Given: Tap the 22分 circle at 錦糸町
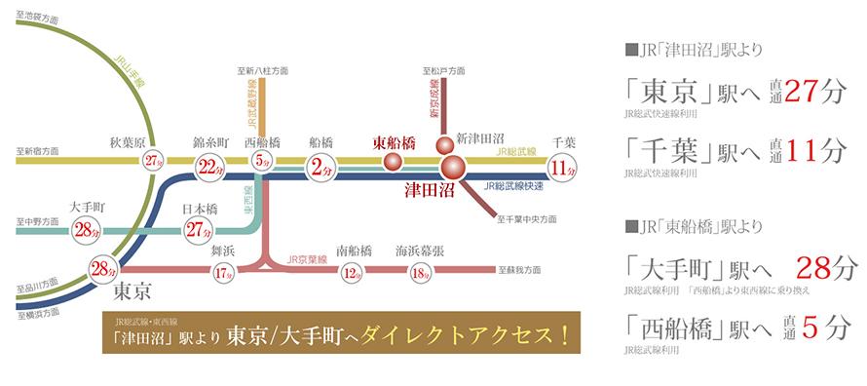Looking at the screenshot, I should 207,167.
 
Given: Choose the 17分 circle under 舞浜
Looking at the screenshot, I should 223,272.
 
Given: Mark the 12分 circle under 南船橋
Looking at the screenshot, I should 354,272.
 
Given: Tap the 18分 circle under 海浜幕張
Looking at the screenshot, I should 421,272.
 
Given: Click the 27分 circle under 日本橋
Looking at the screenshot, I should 200,230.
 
